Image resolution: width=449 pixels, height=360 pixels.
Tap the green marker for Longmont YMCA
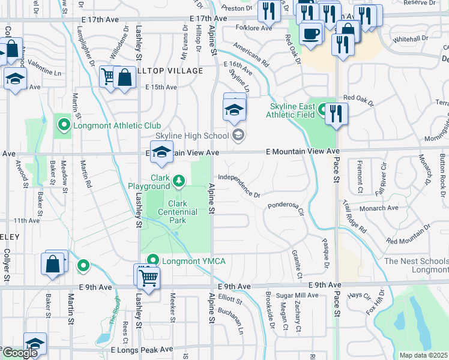(x=152, y=260)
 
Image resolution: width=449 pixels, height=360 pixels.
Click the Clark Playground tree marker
(x=178, y=180)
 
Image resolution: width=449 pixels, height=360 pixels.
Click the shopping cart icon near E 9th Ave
(x=147, y=277)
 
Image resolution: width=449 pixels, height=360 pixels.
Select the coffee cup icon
(x=311, y=33)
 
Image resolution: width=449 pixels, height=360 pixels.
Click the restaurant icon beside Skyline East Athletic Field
(x=337, y=113)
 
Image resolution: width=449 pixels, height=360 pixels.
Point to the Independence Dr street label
(x=239, y=186)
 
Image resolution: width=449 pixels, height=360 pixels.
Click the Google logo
(x=20, y=353)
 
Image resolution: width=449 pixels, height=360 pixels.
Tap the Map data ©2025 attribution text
(x=423, y=355)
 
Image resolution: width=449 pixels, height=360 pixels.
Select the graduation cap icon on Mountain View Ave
(x=161, y=153)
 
